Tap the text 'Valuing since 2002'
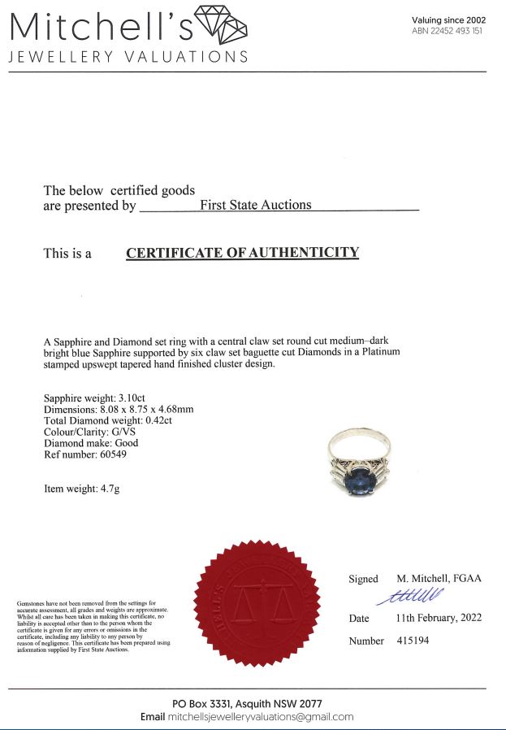(x=448, y=20)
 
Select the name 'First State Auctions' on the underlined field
(x=255, y=206)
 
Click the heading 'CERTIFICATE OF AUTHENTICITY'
(x=242, y=253)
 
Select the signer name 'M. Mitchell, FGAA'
(x=439, y=578)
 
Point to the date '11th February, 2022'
(x=439, y=618)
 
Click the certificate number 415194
(x=412, y=641)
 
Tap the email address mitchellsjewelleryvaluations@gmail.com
(x=261, y=717)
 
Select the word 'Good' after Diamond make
(x=127, y=443)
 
